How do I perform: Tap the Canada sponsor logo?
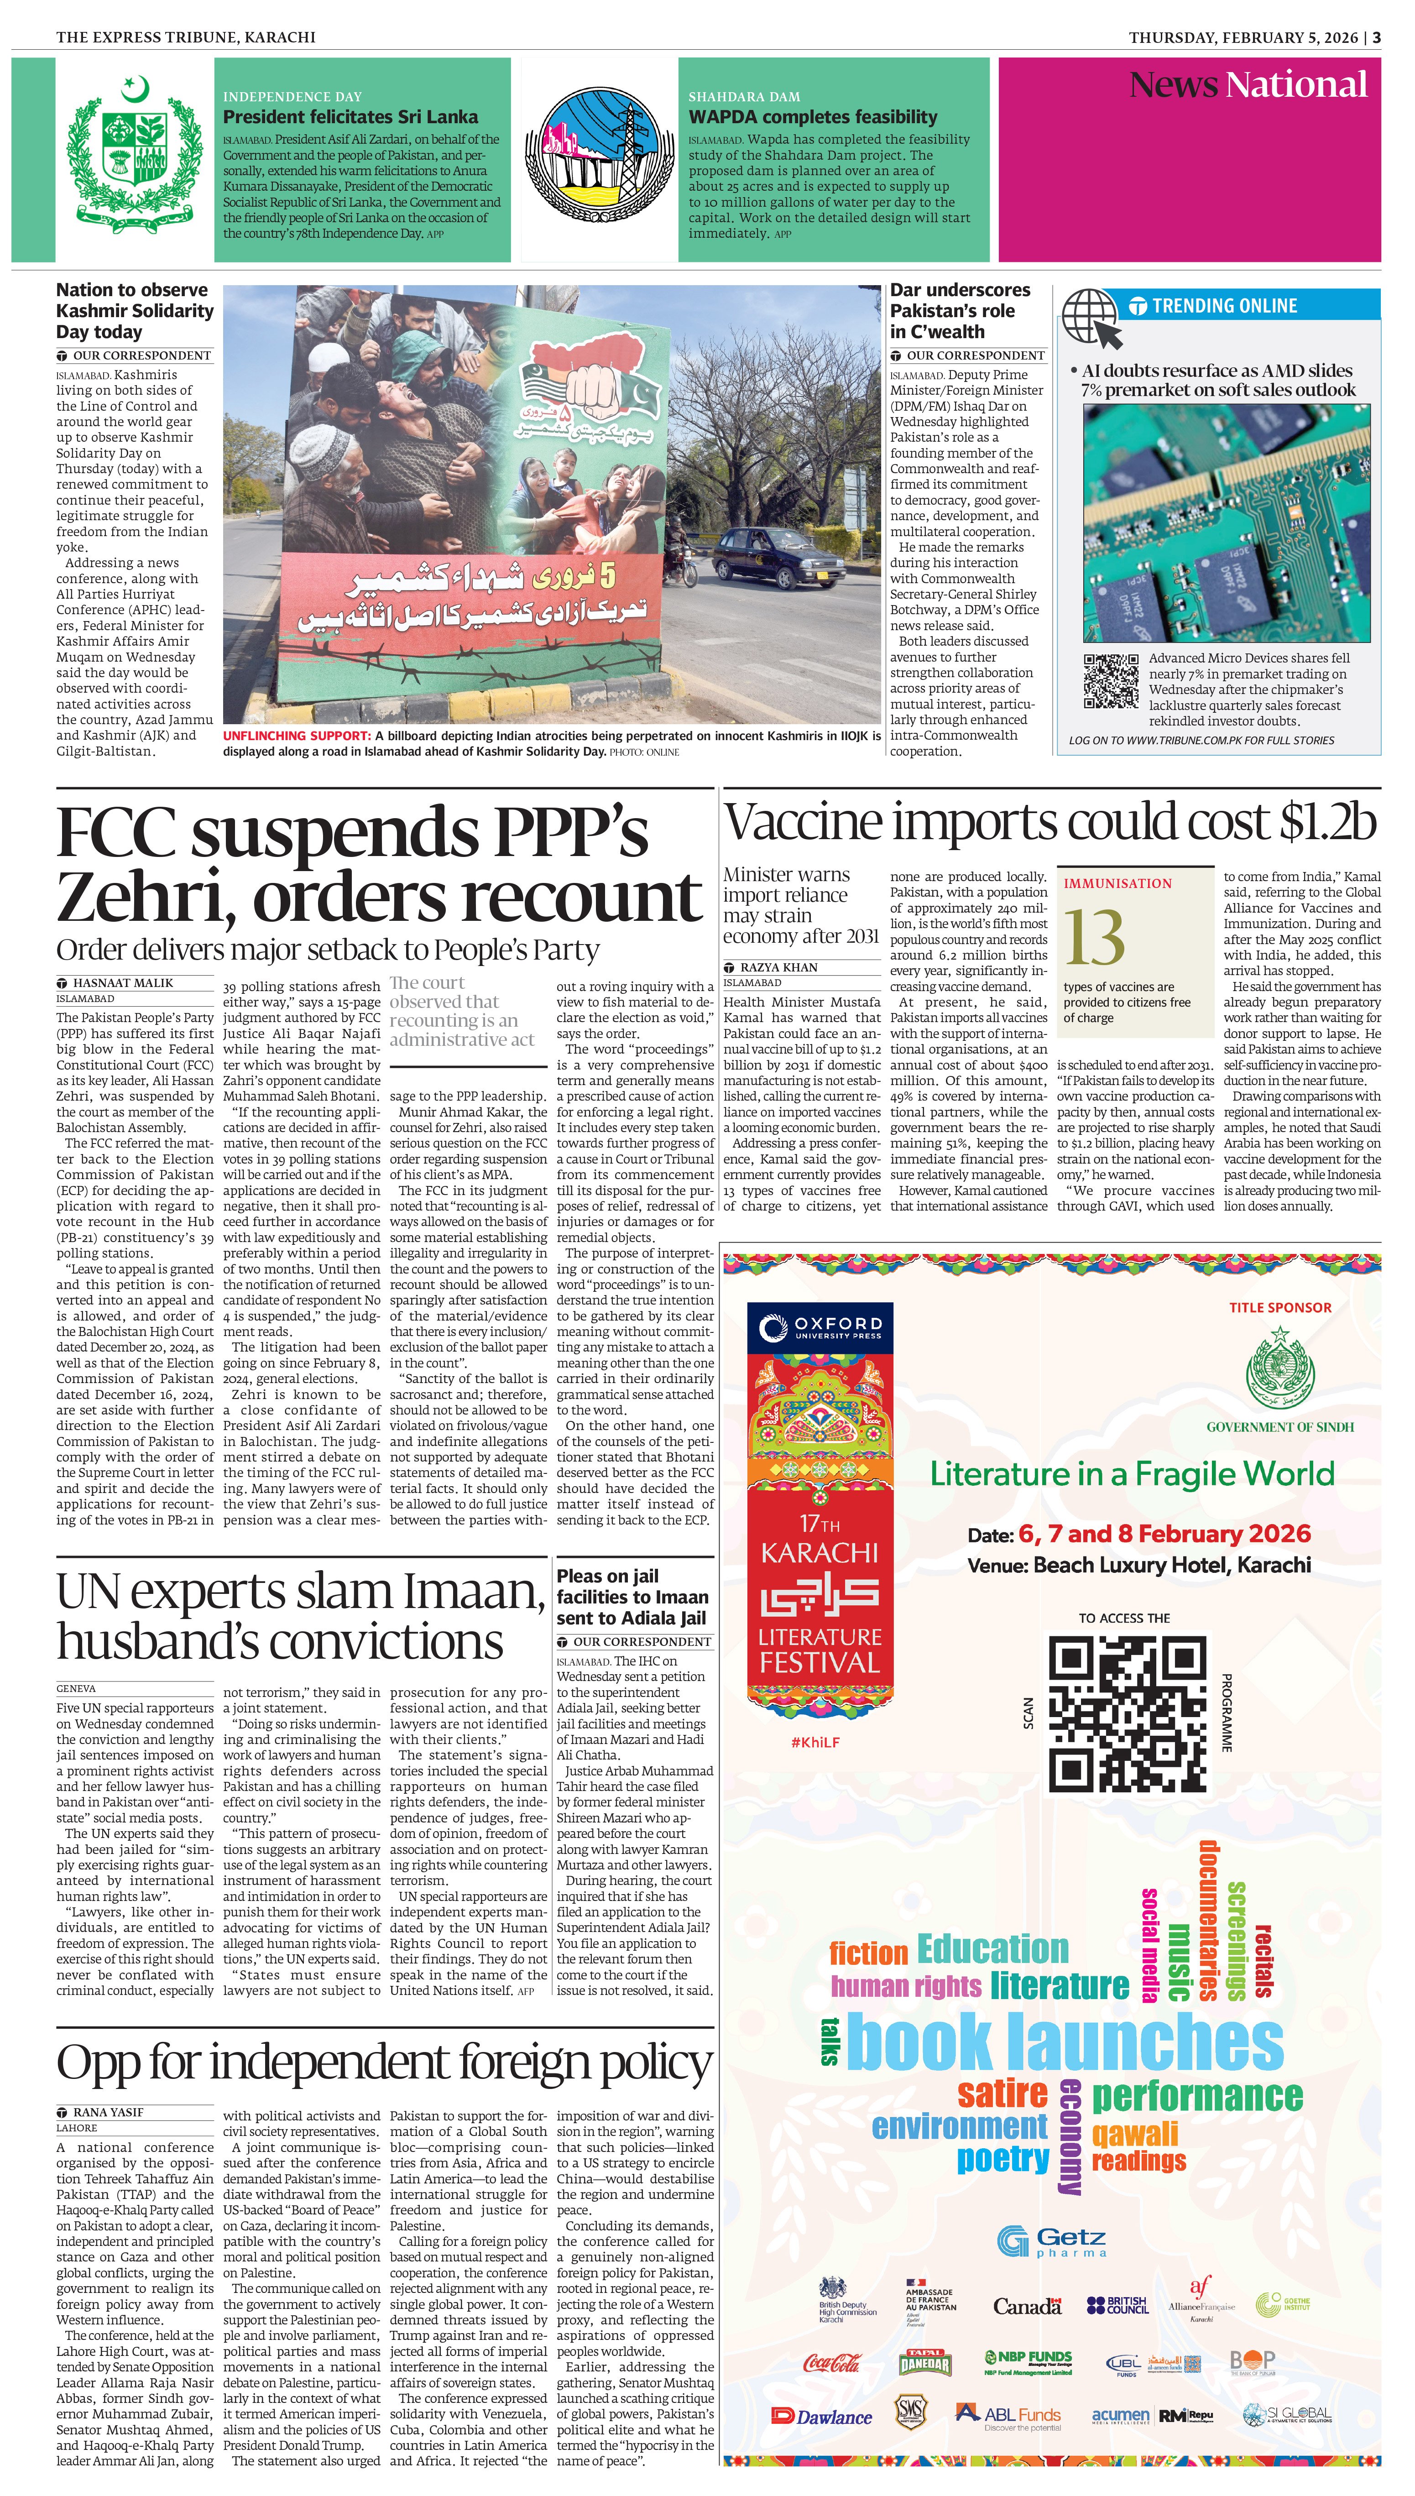pos(1027,2307)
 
